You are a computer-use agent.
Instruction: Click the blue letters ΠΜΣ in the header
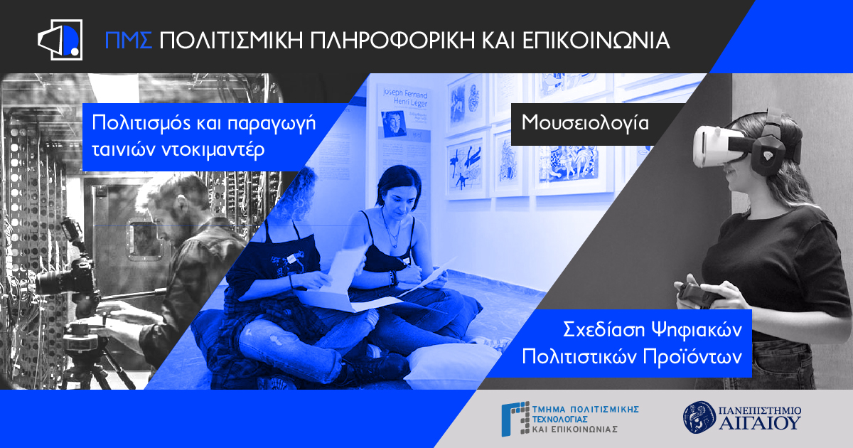click(129, 40)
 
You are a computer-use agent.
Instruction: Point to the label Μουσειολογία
click(585, 122)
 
